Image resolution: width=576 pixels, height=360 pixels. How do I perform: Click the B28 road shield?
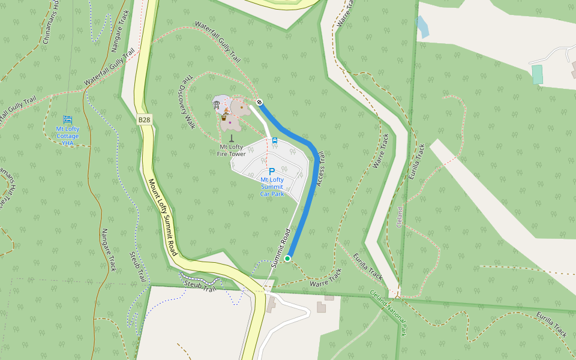click(144, 120)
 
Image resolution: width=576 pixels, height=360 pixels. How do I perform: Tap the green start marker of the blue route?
click(287, 258)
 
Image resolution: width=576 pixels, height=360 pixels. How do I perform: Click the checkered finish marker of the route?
click(259, 102)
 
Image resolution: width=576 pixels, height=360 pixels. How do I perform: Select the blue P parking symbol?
click(271, 172)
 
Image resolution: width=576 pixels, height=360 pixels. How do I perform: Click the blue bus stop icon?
click(274, 141)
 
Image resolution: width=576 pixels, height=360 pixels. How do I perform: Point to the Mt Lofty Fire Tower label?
click(232, 150)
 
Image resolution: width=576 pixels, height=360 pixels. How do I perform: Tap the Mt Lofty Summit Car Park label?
click(272, 187)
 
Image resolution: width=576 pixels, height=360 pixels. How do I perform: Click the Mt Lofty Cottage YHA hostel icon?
click(67, 119)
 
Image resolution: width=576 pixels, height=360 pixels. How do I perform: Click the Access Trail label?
click(320, 168)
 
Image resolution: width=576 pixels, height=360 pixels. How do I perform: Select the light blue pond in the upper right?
click(422, 27)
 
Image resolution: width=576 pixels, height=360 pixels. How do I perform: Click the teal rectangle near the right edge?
click(537, 74)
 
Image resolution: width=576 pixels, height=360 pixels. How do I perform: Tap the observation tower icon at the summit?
click(216, 105)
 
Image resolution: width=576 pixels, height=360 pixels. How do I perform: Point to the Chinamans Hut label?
click(51, 21)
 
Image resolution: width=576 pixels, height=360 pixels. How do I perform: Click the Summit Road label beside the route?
click(280, 248)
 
